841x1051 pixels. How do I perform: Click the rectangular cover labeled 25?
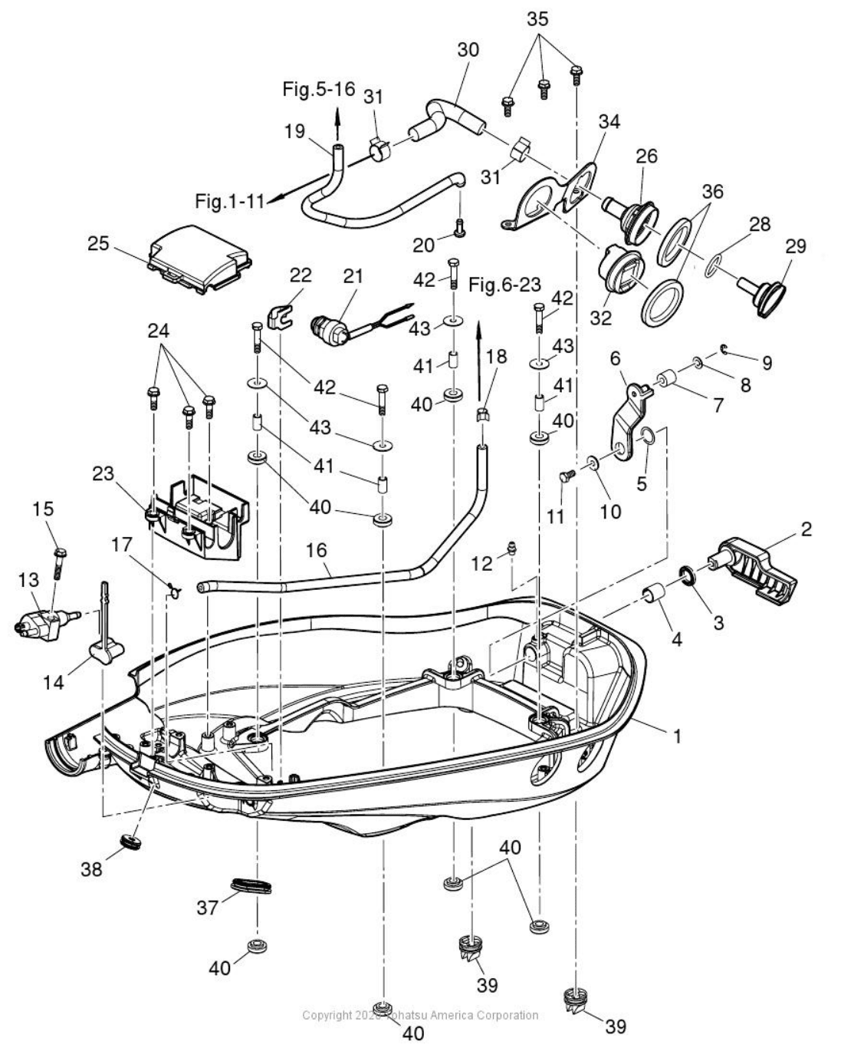click(x=201, y=258)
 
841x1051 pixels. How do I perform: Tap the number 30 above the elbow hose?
click(x=468, y=50)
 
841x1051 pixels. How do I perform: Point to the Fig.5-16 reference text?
click(x=319, y=89)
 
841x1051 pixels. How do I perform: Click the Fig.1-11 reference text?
click(x=229, y=201)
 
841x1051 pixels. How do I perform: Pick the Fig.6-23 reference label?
click(x=504, y=285)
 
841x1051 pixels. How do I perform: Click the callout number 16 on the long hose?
click(x=316, y=550)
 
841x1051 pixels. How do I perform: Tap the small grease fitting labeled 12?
click(x=508, y=549)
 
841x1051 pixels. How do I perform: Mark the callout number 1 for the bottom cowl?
click(x=675, y=736)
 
